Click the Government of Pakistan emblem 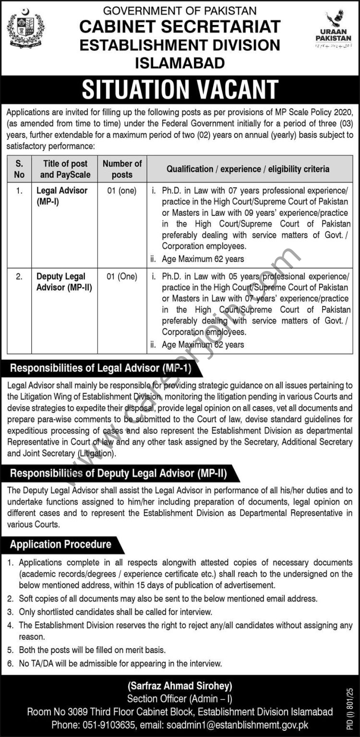click(x=25, y=29)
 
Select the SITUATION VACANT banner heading click(x=180, y=90)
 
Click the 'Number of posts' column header click(x=122, y=168)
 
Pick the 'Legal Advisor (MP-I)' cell click(x=62, y=196)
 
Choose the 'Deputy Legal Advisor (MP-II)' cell click(x=64, y=282)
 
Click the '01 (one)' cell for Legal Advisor click(x=122, y=190)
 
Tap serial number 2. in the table click(x=19, y=276)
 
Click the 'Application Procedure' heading click(x=61, y=544)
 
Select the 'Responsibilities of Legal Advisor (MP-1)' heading click(x=101, y=368)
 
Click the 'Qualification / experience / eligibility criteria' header click(x=248, y=168)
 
